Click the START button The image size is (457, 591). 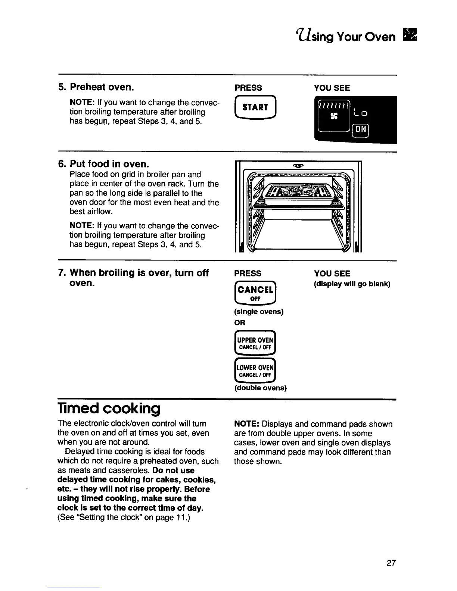(255, 107)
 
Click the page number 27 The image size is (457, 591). (391, 563)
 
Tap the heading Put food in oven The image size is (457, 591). (109, 164)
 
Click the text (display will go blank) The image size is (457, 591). (352, 284)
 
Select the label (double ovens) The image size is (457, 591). (261, 388)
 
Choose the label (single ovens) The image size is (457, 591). (259, 312)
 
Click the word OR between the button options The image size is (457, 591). (240, 323)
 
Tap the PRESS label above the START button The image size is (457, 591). (248, 88)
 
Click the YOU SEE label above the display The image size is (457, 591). (332, 88)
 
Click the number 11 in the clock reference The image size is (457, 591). (179, 517)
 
